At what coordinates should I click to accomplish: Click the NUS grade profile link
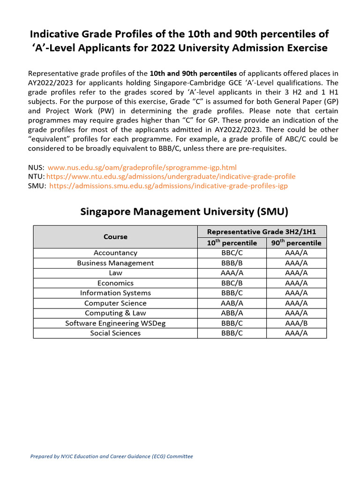tap(142, 167)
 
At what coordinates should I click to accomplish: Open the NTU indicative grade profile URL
tap(171, 177)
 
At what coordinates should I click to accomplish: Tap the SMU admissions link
tap(168, 186)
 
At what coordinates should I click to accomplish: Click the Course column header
tap(115, 237)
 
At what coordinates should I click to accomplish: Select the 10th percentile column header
tap(232, 243)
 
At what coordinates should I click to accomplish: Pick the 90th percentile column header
tap(296, 243)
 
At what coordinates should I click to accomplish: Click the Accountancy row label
tap(115, 253)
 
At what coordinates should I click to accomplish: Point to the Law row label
tap(115, 273)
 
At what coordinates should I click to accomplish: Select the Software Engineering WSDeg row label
tap(115, 323)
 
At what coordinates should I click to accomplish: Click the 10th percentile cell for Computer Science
tap(232, 303)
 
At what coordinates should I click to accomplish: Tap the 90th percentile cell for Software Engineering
tap(296, 323)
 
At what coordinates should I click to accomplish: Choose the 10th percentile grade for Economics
tap(232, 283)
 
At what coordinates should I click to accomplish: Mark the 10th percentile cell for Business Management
tap(232, 263)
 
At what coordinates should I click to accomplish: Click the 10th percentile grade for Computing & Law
tap(232, 313)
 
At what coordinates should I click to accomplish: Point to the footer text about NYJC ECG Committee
tap(112, 457)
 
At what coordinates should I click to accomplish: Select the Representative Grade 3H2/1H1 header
tap(262, 232)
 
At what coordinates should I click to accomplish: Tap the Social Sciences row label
tap(115, 333)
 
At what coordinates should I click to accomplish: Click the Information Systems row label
tap(115, 293)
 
